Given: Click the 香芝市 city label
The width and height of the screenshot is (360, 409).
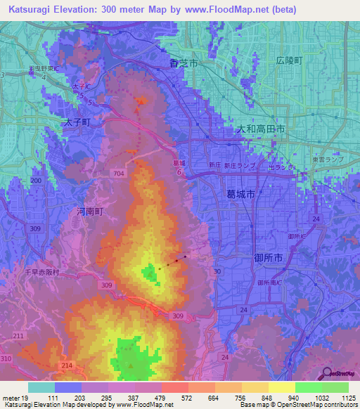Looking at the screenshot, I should (184, 63).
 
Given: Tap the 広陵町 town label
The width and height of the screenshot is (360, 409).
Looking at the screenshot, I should (289, 61).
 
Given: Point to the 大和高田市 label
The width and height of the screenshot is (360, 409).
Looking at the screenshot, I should (259, 130).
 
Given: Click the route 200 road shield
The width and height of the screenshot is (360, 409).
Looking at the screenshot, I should (37, 181).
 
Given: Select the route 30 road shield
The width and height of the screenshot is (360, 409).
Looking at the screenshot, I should (217, 271).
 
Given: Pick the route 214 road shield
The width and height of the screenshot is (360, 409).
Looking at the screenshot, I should (68, 367).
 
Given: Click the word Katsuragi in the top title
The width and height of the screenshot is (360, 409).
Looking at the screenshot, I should (32, 9).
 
